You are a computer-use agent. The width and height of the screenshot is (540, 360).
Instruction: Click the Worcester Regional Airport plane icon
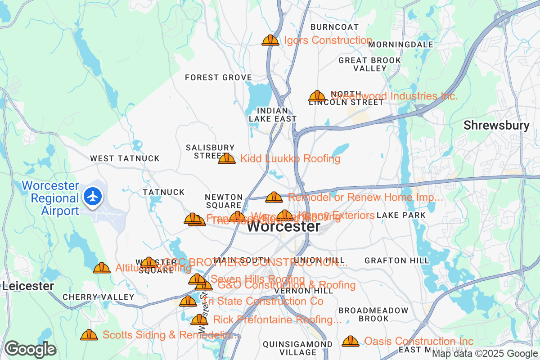pyautogui.click(x=93, y=197)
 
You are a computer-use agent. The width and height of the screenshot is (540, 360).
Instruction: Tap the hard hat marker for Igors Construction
pyautogui.click(x=270, y=40)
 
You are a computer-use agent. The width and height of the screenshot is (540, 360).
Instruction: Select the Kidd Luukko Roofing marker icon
pyautogui.click(x=227, y=158)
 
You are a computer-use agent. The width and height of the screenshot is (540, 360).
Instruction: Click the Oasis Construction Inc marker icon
pyautogui.click(x=351, y=342)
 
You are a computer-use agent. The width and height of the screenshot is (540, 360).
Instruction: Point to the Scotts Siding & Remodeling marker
pyautogui.click(x=89, y=335)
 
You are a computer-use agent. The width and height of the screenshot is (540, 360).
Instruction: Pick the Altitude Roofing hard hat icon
pyautogui.click(x=102, y=268)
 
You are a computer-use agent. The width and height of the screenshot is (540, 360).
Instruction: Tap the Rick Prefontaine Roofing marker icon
pyautogui.click(x=199, y=320)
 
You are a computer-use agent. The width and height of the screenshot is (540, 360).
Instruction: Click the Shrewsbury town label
pyautogui.click(x=496, y=125)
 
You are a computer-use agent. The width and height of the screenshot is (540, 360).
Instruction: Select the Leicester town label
pyautogui.click(x=28, y=286)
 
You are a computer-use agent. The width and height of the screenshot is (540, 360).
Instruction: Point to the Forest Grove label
pyautogui.click(x=218, y=77)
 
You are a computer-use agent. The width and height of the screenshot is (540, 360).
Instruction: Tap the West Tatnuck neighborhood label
pyautogui.click(x=125, y=158)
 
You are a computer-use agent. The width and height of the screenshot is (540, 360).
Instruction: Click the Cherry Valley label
pyautogui.click(x=98, y=297)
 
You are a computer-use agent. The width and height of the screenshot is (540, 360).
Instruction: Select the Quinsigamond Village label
pyautogui.click(x=298, y=348)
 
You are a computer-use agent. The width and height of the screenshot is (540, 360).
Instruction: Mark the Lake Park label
pyautogui.click(x=401, y=216)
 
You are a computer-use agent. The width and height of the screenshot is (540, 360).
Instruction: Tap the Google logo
pyautogui.click(x=30, y=349)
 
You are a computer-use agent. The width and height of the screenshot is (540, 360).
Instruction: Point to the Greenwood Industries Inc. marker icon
pyautogui.click(x=317, y=96)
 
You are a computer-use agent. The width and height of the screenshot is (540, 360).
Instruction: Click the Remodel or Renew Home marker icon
pyautogui.click(x=274, y=198)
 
